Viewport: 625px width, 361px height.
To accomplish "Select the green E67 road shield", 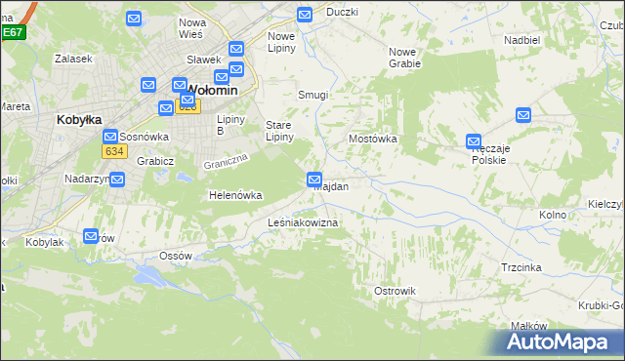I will click(x=12, y=32).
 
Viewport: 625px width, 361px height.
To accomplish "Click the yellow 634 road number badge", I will click(x=114, y=151).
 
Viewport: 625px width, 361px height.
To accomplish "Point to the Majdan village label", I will click(x=331, y=185).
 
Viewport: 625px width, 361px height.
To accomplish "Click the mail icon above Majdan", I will click(x=314, y=179).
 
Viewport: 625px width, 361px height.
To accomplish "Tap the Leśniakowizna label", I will click(x=303, y=223).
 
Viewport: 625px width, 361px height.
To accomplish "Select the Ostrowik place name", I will click(x=396, y=291).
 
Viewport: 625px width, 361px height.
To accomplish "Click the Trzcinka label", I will click(x=521, y=266).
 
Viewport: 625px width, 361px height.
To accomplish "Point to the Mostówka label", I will click(x=373, y=139).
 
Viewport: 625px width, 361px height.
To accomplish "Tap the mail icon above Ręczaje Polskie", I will click(x=474, y=140).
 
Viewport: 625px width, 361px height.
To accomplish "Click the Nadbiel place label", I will click(x=522, y=40).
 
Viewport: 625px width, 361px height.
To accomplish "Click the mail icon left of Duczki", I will click(x=304, y=15).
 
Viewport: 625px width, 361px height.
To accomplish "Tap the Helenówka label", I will click(x=235, y=195).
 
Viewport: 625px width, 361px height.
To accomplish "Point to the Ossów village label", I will click(x=176, y=256).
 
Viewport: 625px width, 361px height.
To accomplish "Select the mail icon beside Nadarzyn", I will click(x=117, y=180).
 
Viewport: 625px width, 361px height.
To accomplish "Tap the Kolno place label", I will click(x=553, y=214).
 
